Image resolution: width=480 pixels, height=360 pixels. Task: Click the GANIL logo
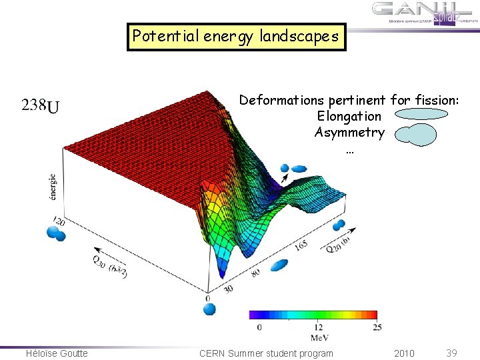(x=424, y=13)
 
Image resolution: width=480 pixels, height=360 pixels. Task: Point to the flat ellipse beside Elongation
(x=420, y=115)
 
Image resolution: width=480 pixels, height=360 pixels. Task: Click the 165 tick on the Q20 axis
(x=302, y=245)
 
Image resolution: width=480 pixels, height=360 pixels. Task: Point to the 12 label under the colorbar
(x=318, y=327)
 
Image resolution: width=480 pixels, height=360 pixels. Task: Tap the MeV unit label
(x=319, y=337)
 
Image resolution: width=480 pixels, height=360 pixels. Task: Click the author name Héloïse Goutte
(x=57, y=353)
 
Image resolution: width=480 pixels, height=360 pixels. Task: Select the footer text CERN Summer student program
(x=266, y=353)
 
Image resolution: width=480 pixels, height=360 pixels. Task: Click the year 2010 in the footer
(x=403, y=353)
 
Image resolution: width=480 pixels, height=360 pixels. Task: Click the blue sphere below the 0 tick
(x=209, y=309)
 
